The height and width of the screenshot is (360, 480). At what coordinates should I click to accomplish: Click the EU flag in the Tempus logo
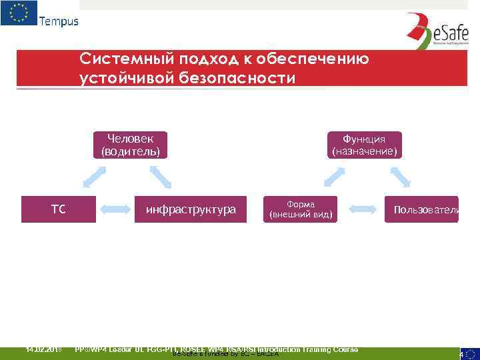click(x=19, y=13)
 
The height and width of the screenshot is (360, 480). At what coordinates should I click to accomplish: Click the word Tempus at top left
click(x=59, y=21)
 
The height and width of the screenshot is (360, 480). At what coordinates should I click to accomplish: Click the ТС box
click(x=58, y=209)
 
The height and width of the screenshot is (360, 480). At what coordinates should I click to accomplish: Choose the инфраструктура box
click(x=191, y=209)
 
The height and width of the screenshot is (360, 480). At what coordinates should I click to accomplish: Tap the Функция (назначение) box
click(x=364, y=145)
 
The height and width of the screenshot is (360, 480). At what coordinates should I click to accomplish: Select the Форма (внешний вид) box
click(x=301, y=209)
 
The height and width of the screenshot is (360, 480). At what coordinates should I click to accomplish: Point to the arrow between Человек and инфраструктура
click(x=161, y=176)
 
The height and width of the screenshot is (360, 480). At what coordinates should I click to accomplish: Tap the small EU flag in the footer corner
click(x=471, y=353)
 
